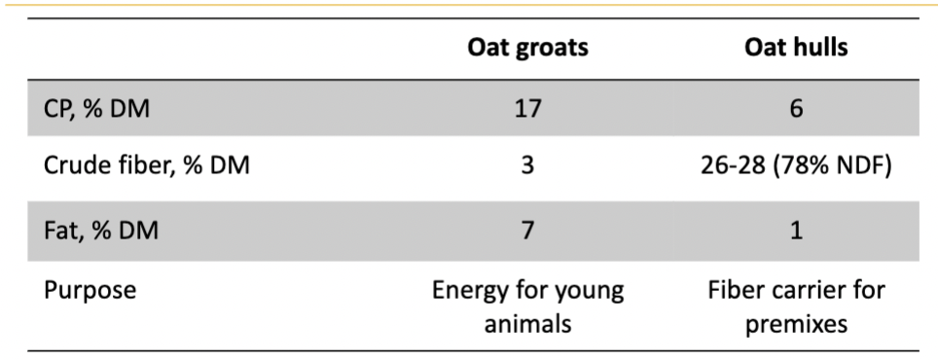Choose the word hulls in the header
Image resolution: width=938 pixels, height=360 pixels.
(x=820, y=49)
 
